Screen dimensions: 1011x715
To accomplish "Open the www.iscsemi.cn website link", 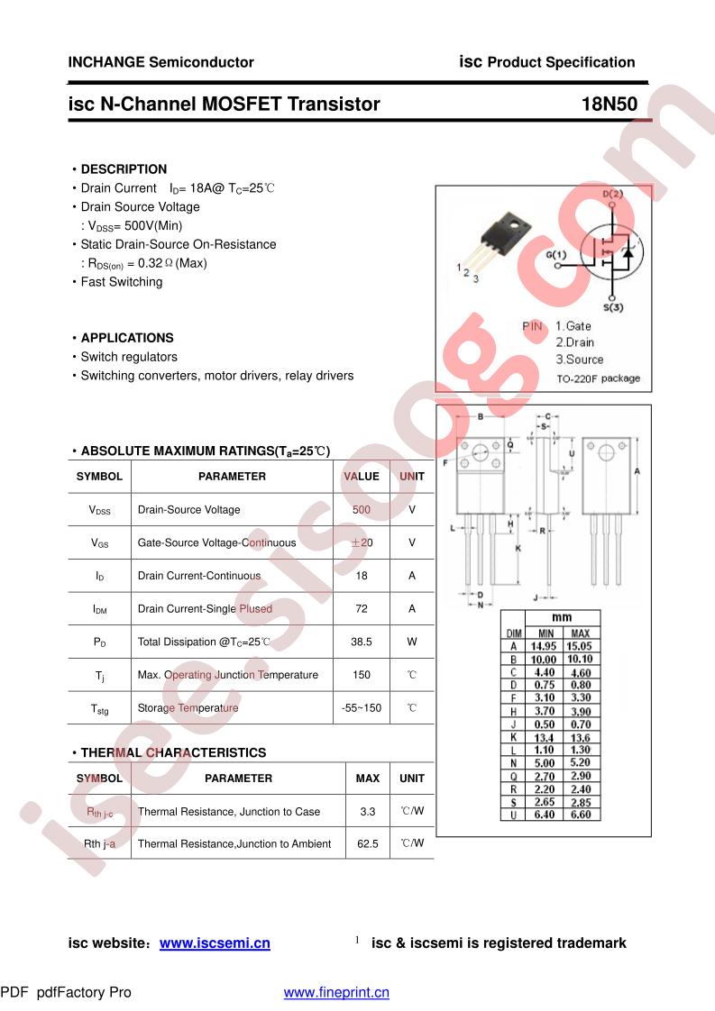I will pyautogui.click(x=215, y=943).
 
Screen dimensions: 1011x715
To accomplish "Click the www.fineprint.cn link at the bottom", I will pyautogui.click(x=336, y=992).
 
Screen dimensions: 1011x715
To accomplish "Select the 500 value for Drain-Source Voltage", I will pyautogui.click(x=362, y=510).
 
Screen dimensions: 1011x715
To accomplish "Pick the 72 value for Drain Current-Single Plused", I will pyautogui.click(x=362, y=609).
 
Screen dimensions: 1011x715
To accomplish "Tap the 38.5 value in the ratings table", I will pyautogui.click(x=362, y=642).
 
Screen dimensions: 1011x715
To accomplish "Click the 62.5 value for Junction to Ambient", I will pyautogui.click(x=368, y=844).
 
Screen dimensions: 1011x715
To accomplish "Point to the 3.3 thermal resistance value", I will pyautogui.click(x=368, y=812).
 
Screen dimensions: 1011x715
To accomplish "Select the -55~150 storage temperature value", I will pyautogui.click(x=362, y=708).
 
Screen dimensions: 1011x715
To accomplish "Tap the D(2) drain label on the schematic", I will pyautogui.click(x=612, y=195).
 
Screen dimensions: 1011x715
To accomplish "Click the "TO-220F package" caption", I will pyautogui.click(x=598, y=378).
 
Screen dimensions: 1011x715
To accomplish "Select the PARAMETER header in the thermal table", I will pyautogui.click(x=238, y=779).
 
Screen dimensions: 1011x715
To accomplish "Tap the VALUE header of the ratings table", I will pyautogui.click(x=362, y=477).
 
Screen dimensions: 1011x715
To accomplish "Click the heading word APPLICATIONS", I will pyautogui.click(x=127, y=338).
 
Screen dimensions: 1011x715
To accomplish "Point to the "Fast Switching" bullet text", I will pyautogui.click(x=122, y=282).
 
